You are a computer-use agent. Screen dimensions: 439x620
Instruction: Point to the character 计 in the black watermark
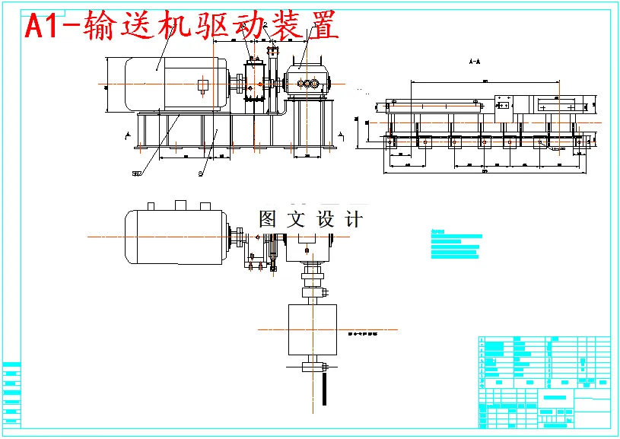click(354, 219)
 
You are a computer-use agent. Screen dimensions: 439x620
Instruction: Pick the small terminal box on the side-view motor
click(202, 85)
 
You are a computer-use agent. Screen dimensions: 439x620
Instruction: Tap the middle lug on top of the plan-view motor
click(181, 204)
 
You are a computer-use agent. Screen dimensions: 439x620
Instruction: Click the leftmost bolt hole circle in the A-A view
click(390, 141)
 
